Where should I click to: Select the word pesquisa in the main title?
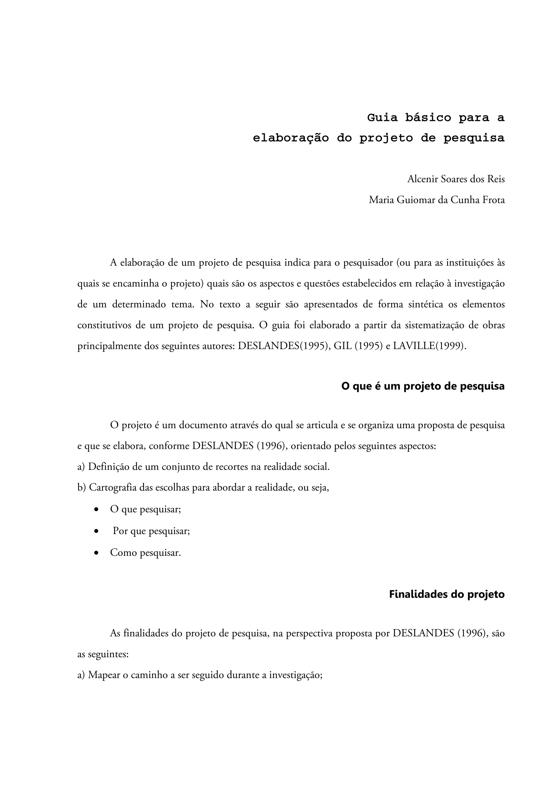click(474, 138)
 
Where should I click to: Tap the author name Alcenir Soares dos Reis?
click(456, 179)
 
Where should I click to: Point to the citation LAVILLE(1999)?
click(429, 346)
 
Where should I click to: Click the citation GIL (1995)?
click(358, 346)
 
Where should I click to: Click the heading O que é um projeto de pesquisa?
click(423, 386)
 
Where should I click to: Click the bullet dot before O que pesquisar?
click(97, 510)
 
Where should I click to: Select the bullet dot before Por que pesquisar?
click(97, 531)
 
